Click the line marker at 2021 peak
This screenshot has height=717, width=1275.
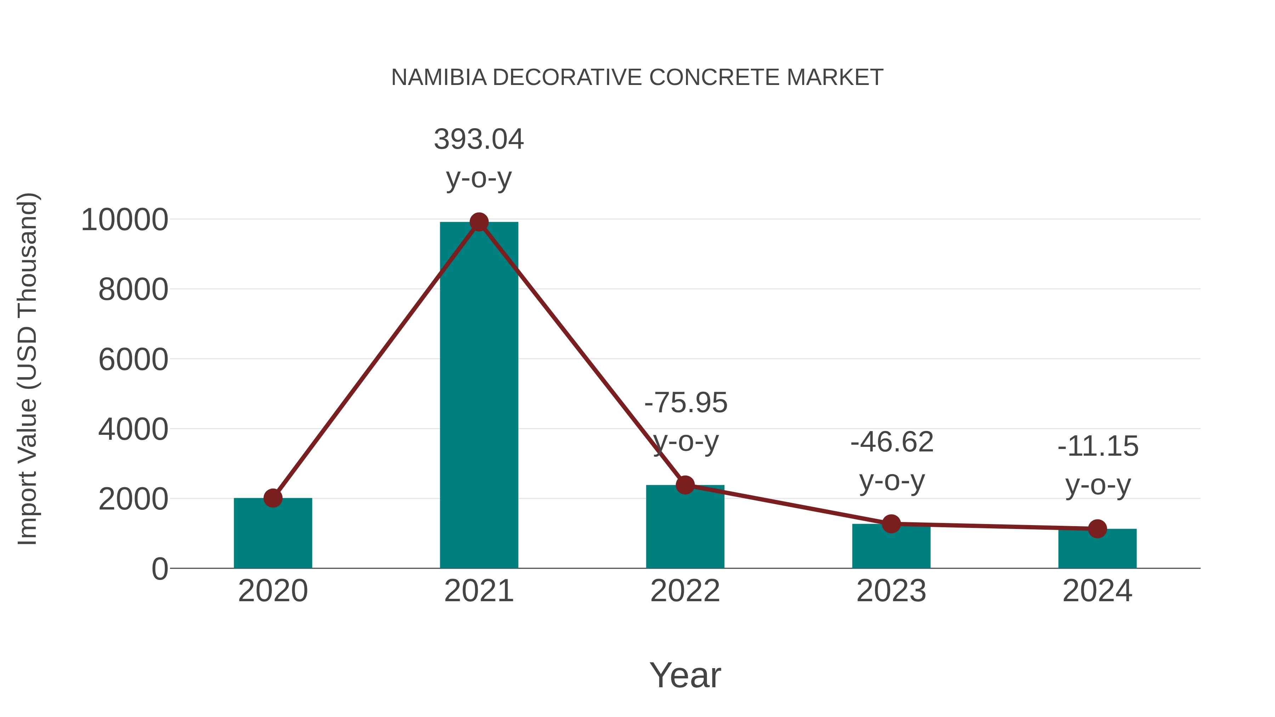[478, 222]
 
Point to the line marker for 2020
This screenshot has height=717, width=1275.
[273, 498]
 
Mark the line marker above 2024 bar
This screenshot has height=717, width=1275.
[1097, 529]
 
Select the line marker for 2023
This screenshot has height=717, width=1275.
[891, 524]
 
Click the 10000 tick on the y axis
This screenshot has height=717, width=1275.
[124, 220]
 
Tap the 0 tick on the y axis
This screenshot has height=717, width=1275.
[159, 569]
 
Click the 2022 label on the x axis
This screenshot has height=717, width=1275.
[685, 591]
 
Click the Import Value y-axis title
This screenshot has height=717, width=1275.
[27, 369]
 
